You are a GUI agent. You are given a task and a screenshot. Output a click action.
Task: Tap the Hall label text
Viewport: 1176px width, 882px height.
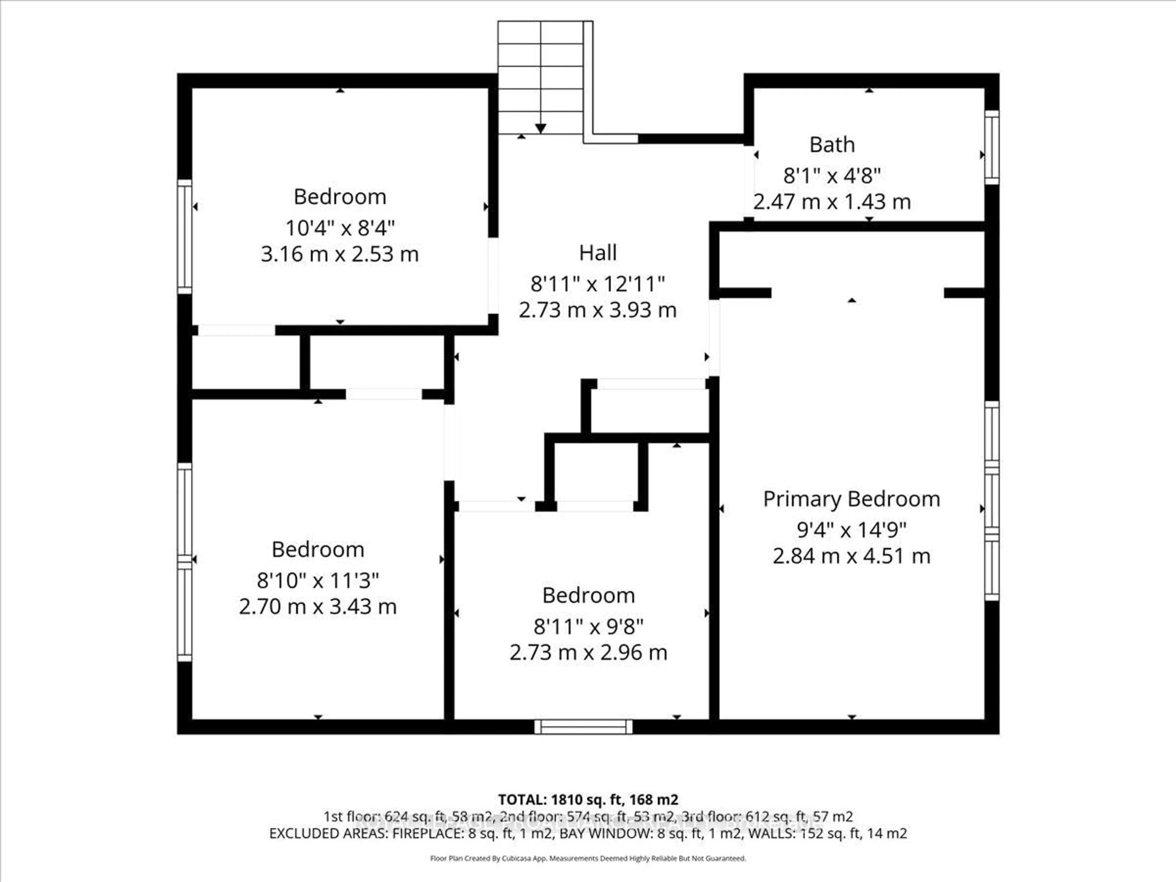pyautogui.click(x=597, y=253)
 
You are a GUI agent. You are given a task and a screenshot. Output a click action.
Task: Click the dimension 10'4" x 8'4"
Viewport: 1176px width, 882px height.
pyautogui.click(x=340, y=228)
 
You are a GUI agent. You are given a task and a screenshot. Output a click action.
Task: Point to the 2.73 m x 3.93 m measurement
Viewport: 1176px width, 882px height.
pyautogui.click(x=597, y=310)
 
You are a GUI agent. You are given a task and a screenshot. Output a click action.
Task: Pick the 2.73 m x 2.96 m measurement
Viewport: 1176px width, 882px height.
pyautogui.click(x=588, y=652)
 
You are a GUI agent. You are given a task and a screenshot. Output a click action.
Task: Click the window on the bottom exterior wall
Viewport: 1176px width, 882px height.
pyautogui.click(x=583, y=727)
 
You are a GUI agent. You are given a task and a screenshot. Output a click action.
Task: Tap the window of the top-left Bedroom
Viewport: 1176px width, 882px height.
pyautogui.click(x=184, y=237)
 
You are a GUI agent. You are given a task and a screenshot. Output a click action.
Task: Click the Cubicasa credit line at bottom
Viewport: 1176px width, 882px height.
pyautogui.click(x=588, y=858)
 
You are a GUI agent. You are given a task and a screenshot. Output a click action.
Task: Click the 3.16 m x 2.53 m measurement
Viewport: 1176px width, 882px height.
pyautogui.click(x=340, y=254)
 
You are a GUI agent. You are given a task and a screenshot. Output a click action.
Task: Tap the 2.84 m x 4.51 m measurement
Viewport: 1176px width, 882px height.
pyautogui.click(x=851, y=556)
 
